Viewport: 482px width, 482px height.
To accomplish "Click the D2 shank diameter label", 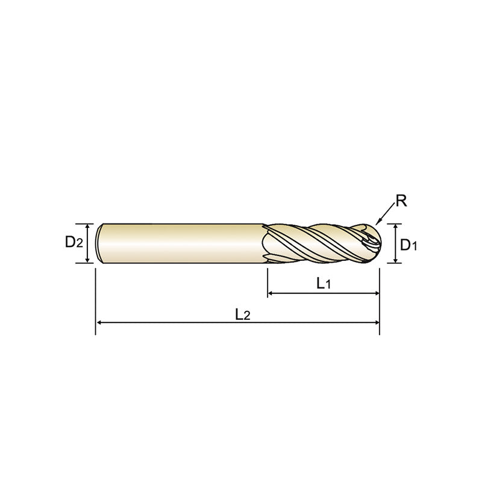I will click(x=74, y=243).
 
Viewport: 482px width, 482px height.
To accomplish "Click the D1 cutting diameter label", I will click(x=409, y=245).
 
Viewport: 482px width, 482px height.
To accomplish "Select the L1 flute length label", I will click(x=323, y=283).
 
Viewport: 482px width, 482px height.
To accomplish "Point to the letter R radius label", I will click(x=401, y=201).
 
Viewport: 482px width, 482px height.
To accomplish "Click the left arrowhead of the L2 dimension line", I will click(x=100, y=324).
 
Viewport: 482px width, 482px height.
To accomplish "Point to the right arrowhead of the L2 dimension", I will click(x=375, y=324).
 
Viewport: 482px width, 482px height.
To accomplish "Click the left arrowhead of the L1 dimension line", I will click(x=271, y=293).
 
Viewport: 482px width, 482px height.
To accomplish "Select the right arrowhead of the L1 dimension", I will click(x=375, y=293).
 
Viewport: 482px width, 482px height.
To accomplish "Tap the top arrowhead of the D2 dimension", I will click(x=88, y=227).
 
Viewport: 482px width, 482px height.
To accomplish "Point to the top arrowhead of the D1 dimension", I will click(x=395, y=227).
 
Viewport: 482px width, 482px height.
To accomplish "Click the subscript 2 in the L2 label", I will click(x=246, y=316).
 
